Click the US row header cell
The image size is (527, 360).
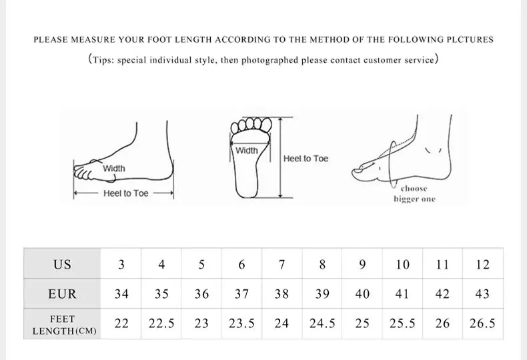tap(62, 264)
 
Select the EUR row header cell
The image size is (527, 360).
tap(62, 293)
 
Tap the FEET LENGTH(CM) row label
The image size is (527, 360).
tap(62, 325)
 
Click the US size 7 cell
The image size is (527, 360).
tap(282, 264)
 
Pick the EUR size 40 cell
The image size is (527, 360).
tap(362, 293)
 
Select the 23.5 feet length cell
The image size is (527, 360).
tap(241, 323)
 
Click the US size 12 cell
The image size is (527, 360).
tap(482, 264)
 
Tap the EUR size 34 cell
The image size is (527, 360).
tap(121, 293)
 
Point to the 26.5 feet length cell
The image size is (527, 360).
tap(482, 323)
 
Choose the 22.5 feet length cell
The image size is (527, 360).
tap(161, 323)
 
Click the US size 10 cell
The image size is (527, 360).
tap(402, 264)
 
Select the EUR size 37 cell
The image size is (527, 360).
tap(241, 293)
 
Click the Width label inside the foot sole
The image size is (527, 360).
tap(247, 151)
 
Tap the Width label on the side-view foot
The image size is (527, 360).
tap(113, 169)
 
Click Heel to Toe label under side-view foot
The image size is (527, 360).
tap(125, 193)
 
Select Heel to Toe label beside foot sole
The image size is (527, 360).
tap(306, 159)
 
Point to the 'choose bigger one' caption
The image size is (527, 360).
tap(414, 194)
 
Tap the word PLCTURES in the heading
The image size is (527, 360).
tap(470, 39)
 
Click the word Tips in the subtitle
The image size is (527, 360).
tap(104, 60)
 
